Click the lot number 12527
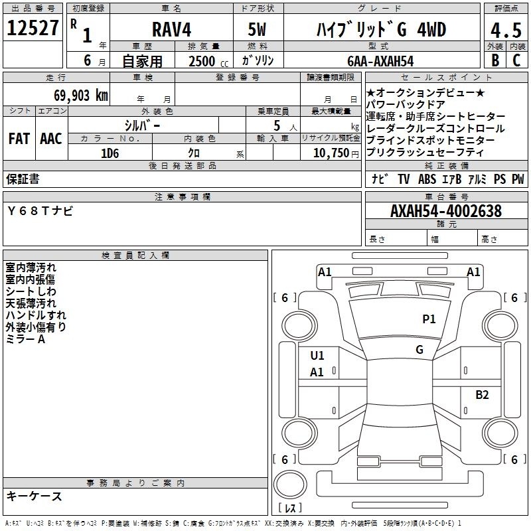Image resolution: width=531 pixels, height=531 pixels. (x=33, y=29)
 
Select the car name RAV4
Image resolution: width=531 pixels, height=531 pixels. (x=169, y=30)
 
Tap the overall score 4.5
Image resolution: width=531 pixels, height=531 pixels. (x=505, y=30)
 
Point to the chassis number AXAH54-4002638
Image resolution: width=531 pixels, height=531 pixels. (x=445, y=211)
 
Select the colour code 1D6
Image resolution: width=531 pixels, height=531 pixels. (x=110, y=152)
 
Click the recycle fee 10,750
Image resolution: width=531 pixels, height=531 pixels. (x=330, y=152)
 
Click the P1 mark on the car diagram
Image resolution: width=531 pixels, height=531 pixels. (x=429, y=319)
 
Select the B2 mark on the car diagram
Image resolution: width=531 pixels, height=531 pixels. (x=482, y=395)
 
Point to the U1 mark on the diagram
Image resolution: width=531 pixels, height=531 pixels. (x=317, y=356)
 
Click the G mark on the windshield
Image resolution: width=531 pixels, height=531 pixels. (x=419, y=350)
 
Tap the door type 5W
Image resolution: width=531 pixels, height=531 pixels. (x=258, y=30)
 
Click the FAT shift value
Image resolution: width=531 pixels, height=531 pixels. (x=19, y=139)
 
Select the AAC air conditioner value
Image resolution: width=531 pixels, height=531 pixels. (x=51, y=139)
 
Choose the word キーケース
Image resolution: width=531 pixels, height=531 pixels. (x=35, y=496)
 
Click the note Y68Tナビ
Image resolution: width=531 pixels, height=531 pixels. (x=40, y=211)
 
